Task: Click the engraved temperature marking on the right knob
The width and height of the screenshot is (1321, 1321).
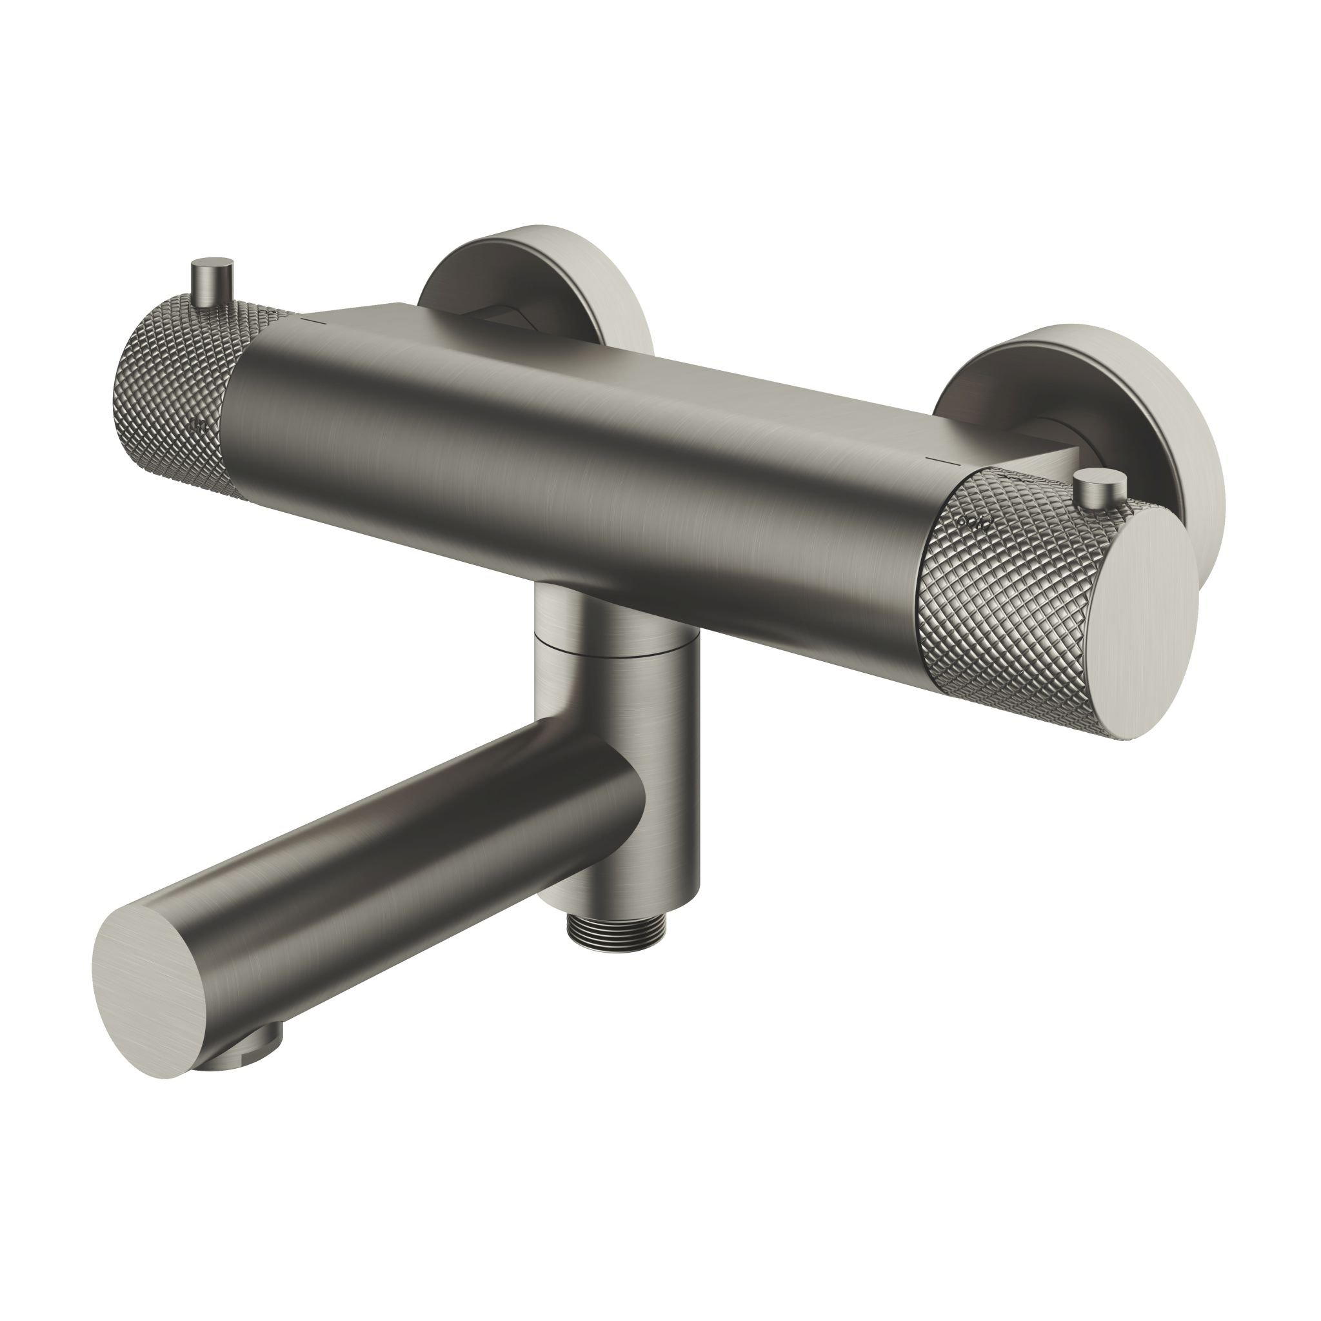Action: (976, 522)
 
